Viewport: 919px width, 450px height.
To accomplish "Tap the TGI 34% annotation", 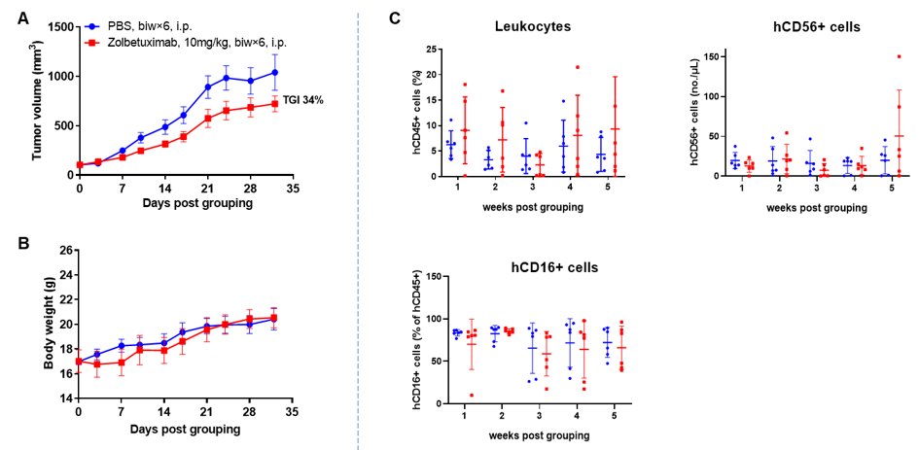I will point(302,99).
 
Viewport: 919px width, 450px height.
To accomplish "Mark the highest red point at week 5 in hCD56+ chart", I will point(900,56).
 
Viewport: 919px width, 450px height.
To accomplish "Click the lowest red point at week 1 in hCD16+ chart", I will point(472,396).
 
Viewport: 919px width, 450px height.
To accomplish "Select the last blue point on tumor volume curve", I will point(275,72).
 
